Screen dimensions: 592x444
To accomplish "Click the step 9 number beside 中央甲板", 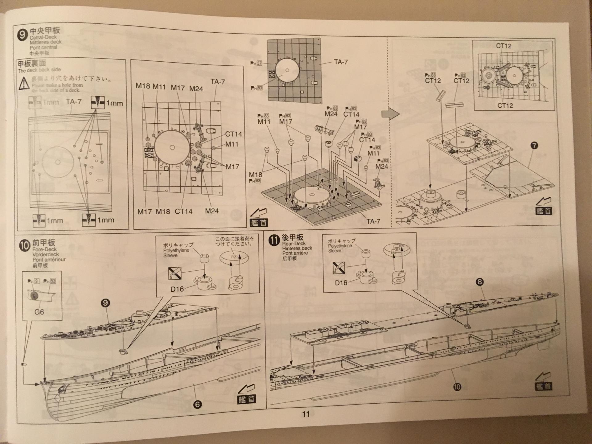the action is [22, 35].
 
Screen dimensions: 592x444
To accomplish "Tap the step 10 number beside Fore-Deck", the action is [25, 245].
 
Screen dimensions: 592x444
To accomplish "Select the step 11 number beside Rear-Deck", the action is [274, 240].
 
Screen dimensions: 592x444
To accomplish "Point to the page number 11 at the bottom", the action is [306, 414].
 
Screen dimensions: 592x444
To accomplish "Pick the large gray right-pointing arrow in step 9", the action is [390, 114].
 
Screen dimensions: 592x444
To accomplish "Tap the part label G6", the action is [39, 312].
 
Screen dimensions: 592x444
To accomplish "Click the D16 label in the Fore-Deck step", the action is [177, 289].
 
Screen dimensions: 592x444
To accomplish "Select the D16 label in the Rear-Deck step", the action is [341, 283].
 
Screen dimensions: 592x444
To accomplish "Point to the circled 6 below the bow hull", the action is [197, 404].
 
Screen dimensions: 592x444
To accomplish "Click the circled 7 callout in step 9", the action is [534, 146].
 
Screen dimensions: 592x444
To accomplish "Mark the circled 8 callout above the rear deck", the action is [479, 282].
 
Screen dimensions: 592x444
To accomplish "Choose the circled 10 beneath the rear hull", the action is [457, 387].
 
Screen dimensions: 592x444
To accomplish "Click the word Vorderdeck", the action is [46, 254].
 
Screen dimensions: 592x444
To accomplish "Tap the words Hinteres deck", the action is [297, 248].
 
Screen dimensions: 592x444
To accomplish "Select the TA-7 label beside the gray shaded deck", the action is [341, 62].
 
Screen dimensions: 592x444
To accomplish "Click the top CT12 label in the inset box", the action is [504, 46].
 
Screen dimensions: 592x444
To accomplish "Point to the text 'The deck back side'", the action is [39, 70].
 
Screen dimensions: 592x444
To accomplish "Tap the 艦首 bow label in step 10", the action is [246, 399].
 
